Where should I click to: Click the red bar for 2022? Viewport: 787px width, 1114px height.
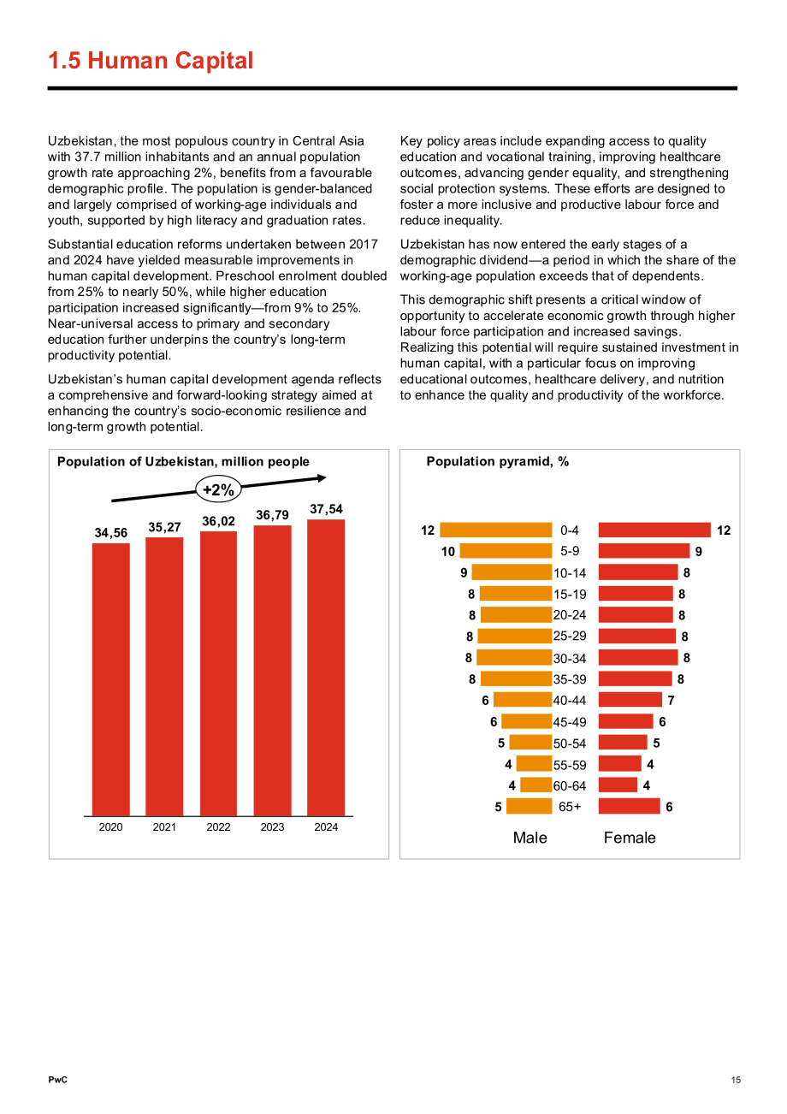(218, 673)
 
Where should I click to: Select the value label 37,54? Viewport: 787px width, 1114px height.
(326, 509)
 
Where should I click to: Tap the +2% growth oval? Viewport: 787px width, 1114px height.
(218, 490)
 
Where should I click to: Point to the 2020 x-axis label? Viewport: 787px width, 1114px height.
(110, 827)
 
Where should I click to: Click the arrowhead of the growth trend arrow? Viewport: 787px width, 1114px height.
(322, 478)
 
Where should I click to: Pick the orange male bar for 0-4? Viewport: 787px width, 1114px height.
(495, 530)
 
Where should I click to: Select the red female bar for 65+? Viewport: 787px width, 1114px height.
(629, 806)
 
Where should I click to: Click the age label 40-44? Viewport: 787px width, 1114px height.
(569, 700)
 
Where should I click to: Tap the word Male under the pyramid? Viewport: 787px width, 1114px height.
(530, 838)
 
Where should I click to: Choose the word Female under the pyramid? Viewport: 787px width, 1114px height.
(630, 838)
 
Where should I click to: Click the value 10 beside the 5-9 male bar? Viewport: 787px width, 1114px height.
(448, 552)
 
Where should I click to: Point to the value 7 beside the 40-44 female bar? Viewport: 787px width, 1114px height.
(671, 700)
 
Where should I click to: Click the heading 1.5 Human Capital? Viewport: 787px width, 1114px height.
(151, 61)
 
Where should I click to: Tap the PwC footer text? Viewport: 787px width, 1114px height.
(57, 1080)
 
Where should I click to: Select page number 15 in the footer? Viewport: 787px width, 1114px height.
(736, 1080)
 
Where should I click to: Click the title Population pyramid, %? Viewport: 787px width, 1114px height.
(498, 461)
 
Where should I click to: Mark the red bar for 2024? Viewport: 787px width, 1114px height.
(326, 667)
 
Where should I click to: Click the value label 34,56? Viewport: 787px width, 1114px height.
(111, 533)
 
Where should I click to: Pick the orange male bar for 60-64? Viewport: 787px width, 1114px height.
(536, 785)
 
